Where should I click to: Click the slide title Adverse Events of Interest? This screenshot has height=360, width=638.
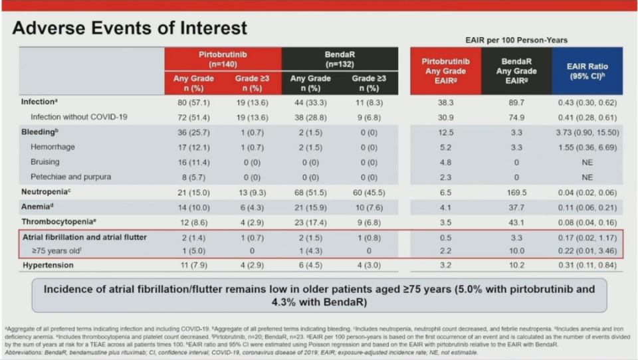click(x=130, y=29)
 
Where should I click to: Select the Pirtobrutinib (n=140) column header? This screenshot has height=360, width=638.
click(x=223, y=58)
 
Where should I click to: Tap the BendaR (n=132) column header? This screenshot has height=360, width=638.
click(x=340, y=58)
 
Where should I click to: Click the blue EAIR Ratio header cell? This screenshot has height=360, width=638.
click(x=587, y=70)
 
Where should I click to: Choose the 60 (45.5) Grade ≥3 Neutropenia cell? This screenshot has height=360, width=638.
click(x=369, y=191)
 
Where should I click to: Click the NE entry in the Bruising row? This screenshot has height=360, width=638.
click(x=587, y=162)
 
